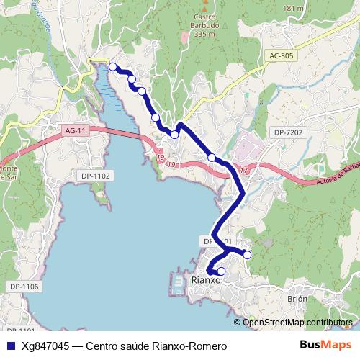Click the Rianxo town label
pos(205,281)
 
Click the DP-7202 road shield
pos(289,132)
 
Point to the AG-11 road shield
pos(75,130)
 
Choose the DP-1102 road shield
pos(95,176)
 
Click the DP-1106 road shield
pos(24,287)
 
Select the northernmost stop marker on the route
pos(113,67)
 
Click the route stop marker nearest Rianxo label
pos(221,271)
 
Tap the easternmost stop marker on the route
pos(247,254)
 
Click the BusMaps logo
pos(325,346)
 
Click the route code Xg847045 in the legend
pos(45,346)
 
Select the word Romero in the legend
pos(207,346)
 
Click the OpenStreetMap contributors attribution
pos(297,323)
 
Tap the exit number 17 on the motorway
pos(244,170)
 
